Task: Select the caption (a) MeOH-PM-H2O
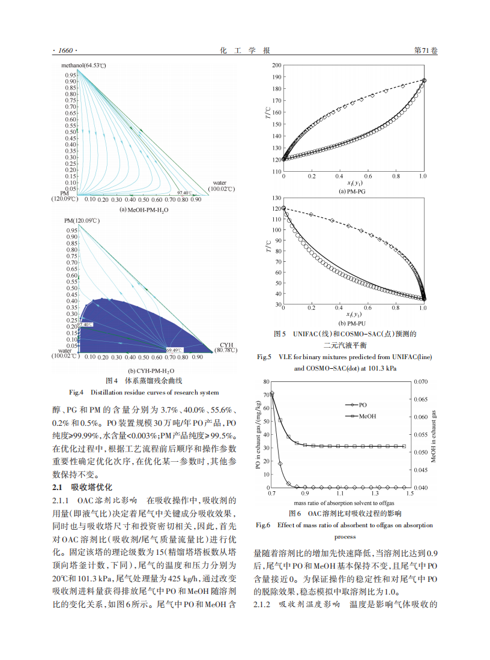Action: tap(144, 210)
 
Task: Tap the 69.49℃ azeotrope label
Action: tap(174, 350)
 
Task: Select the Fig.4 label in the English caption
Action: tap(77, 393)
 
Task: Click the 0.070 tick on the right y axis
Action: tap(420, 381)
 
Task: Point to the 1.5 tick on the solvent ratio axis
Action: tap(410, 494)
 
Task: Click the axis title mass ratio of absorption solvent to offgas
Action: tap(340, 503)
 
